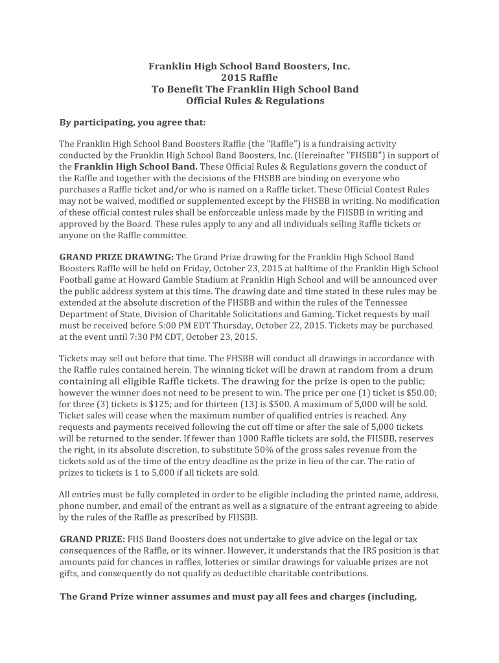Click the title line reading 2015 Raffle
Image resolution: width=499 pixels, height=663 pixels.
click(250, 78)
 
